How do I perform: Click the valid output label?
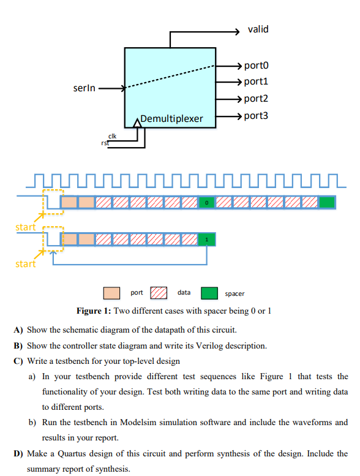(x=258, y=29)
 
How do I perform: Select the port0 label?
(x=256, y=66)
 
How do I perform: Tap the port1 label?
(x=256, y=81)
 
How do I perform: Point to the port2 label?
(x=256, y=99)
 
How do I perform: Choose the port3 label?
(x=256, y=115)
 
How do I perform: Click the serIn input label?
(x=84, y=89)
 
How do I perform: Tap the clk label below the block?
(x=113, y=135)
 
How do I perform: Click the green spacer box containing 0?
(x=207, y=202)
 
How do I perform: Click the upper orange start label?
(x=26, y=227)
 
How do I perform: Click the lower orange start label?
(x=26, y=264)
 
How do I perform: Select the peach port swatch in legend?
(x=111, y=293)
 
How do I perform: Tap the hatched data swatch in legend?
(x=159, y=293)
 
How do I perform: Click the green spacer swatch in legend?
(x=209, y=293)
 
